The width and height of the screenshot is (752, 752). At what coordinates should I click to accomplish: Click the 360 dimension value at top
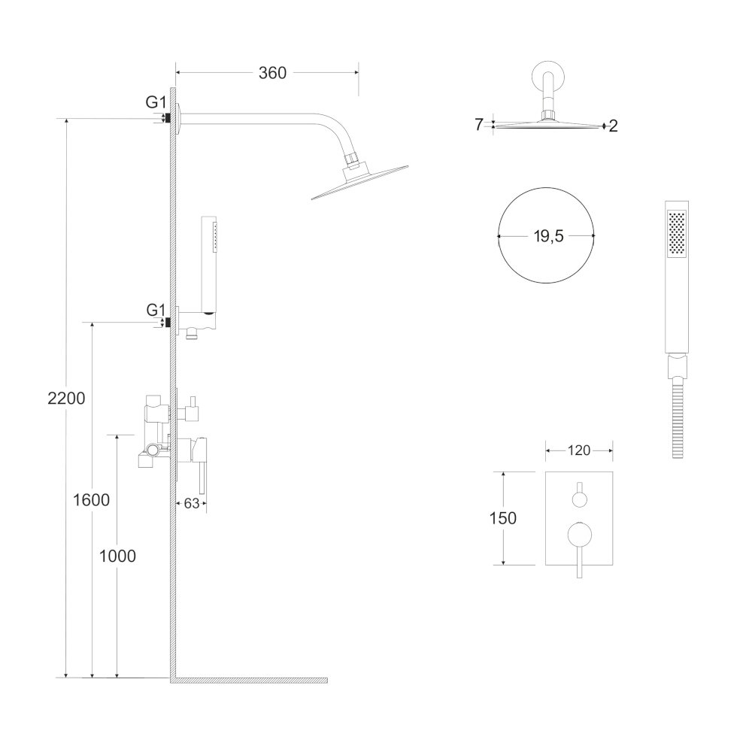(272, 73)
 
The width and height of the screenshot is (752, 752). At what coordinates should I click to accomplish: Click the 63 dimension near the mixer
(190, 504)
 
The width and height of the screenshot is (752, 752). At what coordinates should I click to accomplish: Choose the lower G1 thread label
(155, 309)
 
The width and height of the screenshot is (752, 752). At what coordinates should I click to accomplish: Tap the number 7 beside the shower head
(478, 125)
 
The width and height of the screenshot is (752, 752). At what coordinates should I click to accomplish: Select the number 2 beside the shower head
(613, 126)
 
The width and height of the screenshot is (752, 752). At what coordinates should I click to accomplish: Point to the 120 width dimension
(578, 450)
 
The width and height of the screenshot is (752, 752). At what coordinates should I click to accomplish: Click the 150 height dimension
(502, 518)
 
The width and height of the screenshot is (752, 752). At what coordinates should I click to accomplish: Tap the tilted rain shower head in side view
(359, 183)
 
